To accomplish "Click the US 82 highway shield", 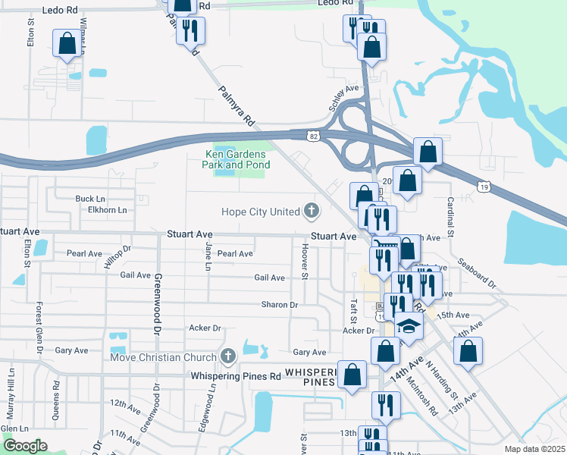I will click(x=313, y=135).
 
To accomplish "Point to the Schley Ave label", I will click(x=344, y=98).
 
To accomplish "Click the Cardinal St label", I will click(x=450, y=217).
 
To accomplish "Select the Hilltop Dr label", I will click(x=117, y=257).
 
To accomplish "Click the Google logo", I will click(x=25, y=446).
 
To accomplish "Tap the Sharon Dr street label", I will click(x=279, y=305).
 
